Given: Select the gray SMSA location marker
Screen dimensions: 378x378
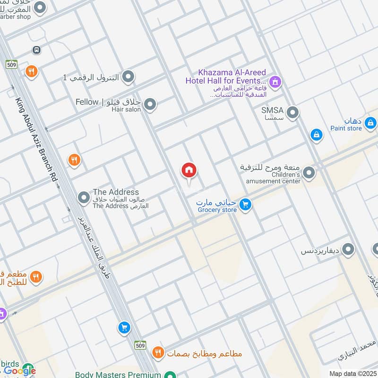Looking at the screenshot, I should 293,113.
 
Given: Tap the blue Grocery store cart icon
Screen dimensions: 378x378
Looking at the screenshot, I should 245,205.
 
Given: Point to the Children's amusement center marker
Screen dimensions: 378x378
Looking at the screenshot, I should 309,173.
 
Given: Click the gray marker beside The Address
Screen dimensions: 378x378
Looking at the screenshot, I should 84,198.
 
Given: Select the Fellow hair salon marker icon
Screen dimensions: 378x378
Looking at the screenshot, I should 150,105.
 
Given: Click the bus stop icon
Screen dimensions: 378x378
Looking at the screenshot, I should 36,50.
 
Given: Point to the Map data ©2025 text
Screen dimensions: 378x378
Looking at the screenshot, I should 352,373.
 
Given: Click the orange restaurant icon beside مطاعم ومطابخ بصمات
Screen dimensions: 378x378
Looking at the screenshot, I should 158,352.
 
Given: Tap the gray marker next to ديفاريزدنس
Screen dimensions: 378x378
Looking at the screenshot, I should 348,249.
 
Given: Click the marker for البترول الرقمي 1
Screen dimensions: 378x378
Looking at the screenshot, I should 128,77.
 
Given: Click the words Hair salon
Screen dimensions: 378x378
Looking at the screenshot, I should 126,110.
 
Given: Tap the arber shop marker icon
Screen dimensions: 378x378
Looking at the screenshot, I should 40,7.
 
